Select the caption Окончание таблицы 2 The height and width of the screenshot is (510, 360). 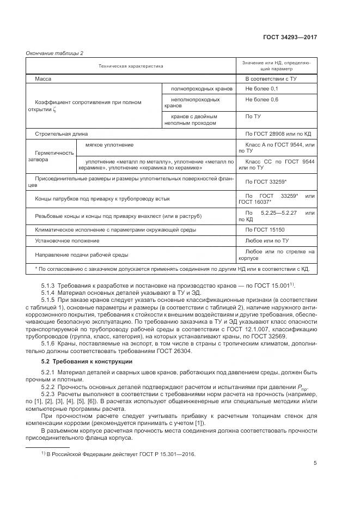[x=54, y=53]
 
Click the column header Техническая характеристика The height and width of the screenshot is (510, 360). [x=131, y=66]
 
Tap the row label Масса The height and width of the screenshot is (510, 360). [x=43, y=79]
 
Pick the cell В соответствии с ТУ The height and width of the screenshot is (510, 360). [x=271, y=79]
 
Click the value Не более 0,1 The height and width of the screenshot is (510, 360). [x=262, y=88]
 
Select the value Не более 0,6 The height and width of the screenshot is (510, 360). [x=262, y=100]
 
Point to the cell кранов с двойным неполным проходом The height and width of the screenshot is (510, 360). [x=194, y=120]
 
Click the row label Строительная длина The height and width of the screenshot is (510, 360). [x=61, y=133]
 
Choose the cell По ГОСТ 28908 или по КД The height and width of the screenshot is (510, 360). [x=277, y=133]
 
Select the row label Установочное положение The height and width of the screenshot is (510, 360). [x=67, y=240]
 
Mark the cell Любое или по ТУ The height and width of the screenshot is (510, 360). [x=267, y=240]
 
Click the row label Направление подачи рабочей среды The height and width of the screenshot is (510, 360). [x=82, y=254]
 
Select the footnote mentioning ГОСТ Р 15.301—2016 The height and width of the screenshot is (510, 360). [x=118, y=454]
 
